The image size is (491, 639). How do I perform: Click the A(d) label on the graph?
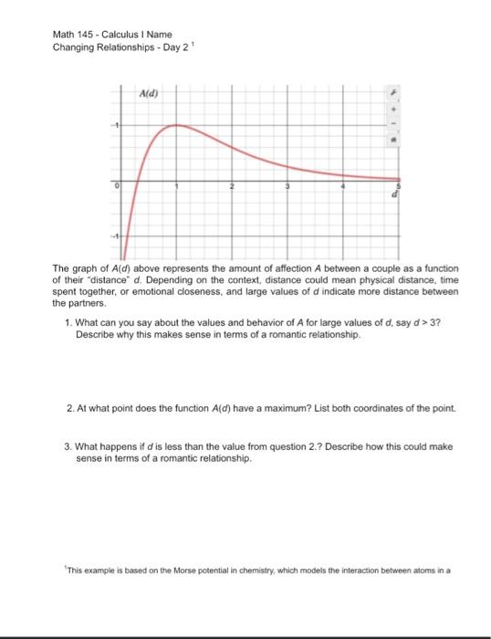click(x=146, y=94)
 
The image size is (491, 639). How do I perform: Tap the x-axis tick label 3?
click(x=287, y=186)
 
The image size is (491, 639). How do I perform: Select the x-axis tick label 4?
click(x=343, y=186)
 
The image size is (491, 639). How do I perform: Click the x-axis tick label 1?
click(x=175, y=186)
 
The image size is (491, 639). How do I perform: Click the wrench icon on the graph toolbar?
click(x=394, y=93)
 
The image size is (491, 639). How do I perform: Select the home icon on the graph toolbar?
click(x=394, y=141)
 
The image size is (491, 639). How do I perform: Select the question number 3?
click(x=68, y=446)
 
